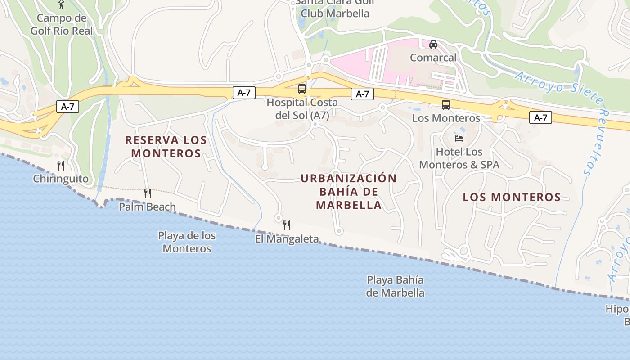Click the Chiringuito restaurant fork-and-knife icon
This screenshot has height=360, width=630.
pos(61,166)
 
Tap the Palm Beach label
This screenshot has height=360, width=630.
pos(147,207)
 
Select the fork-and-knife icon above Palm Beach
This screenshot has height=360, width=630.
pos(147,193)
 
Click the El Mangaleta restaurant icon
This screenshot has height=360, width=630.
pos(287,225)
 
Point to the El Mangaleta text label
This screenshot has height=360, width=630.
pos(287,239)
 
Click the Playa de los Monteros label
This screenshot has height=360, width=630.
pos(187,242)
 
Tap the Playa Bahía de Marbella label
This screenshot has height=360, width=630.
pos(396,286)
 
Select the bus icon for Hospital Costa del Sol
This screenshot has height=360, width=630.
pos(302,89)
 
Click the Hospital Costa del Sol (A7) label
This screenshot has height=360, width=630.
pos(302,109)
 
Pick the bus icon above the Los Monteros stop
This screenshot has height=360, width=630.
pos(446,105)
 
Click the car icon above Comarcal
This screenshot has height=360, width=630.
pos(433,44)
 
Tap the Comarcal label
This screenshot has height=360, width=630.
pos(433,58)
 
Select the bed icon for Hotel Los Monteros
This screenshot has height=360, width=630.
pos(459,138)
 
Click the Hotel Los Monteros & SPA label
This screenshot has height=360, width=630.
pos(459,158)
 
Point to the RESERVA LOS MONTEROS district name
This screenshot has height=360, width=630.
pos(166,147)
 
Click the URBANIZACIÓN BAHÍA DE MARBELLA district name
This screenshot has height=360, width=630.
pos(349,192)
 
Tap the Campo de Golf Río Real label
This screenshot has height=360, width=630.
pos(62,25)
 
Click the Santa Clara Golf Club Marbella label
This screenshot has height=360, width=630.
pos(335,8)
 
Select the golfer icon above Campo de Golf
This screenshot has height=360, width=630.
pos(62,4)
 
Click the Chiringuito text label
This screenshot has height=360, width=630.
pos(61,179)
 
